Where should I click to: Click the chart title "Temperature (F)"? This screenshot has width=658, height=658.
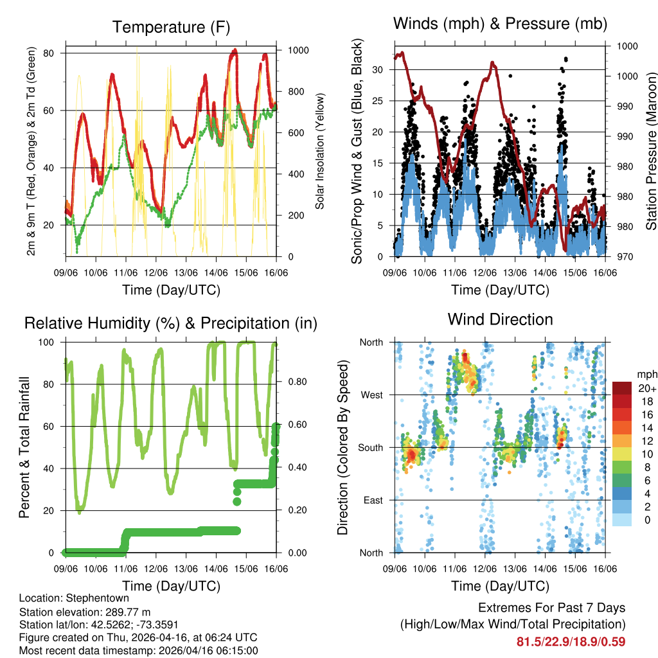click(171, 27)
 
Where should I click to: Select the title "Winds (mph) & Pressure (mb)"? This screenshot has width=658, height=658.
click(500, 24)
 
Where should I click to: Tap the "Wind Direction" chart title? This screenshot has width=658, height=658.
click(500, 319)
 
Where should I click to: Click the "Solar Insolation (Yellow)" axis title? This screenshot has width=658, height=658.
click(319, 151)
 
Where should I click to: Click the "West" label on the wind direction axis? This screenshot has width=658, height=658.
click(371, 395)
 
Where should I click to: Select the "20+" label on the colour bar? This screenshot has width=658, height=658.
click(646, 388)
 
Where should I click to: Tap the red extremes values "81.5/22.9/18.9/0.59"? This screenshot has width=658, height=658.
click(571, 641)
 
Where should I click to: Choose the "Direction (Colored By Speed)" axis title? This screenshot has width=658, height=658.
click(343, 447)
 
